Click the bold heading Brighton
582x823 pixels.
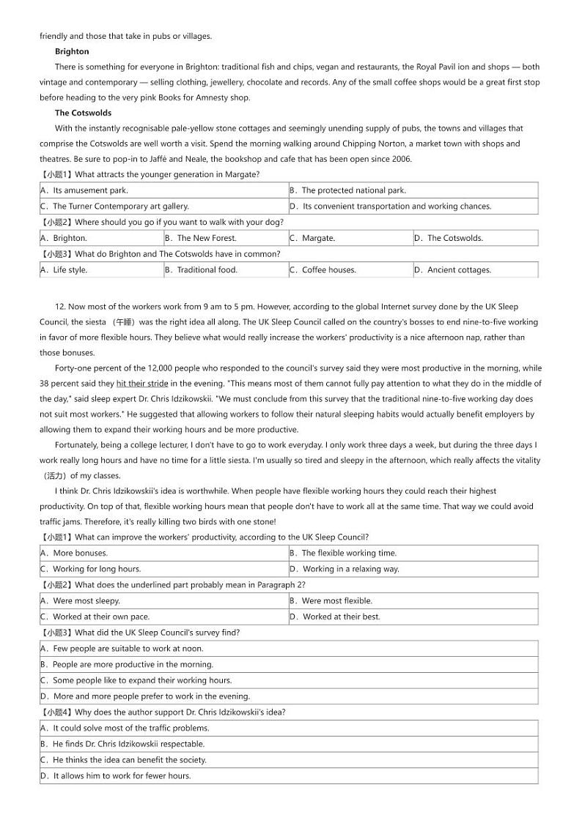[x=72, y=51]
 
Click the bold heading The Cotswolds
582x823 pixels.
[x=83, y=113]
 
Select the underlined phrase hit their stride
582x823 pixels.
[x=142, y=383]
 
